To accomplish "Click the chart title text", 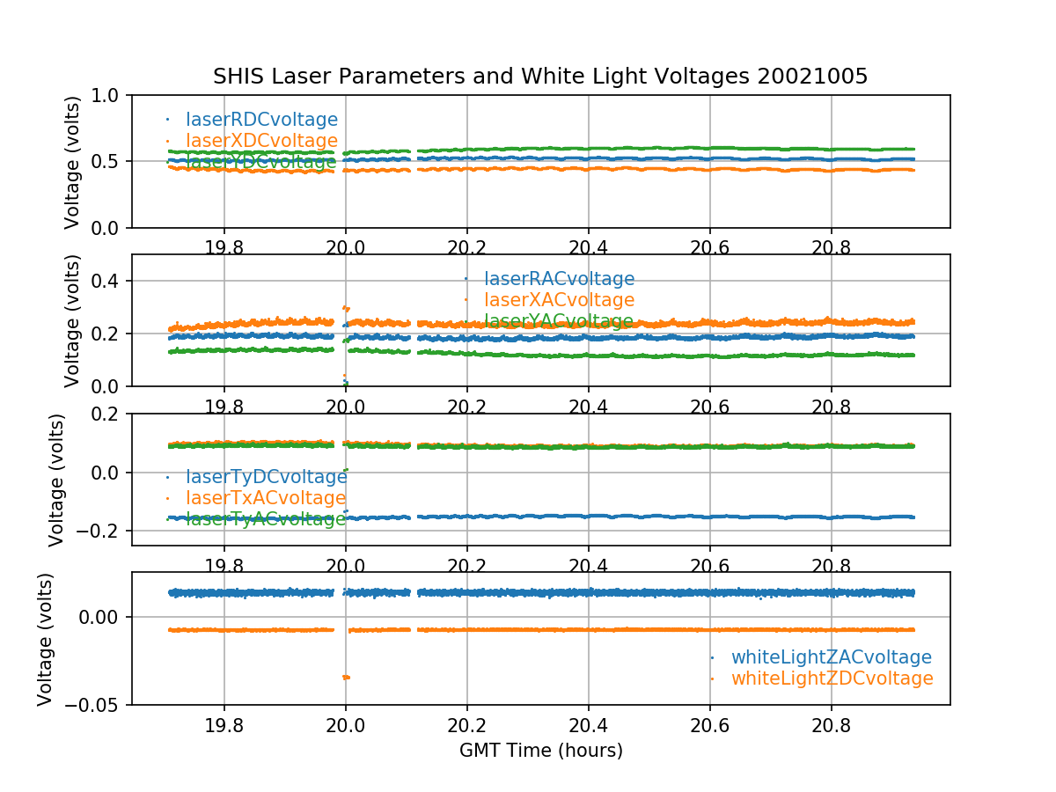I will coord(540,77).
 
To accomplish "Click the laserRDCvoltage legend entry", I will coord(261,120).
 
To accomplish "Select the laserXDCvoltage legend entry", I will coord(261,141).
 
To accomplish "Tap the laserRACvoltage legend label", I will coord(559,280).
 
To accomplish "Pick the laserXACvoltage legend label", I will coord(559,301).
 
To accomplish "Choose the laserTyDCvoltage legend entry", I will coord(266,477).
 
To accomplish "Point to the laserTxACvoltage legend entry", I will coord(266,498).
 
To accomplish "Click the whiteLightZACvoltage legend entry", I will coord(831,657).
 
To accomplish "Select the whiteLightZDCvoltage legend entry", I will coord(832,678).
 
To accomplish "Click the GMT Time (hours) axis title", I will coord(540,751).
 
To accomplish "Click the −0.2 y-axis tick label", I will coord(98,531).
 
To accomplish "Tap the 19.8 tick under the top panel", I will coord(224,247).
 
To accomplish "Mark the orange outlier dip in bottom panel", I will coord(346,677).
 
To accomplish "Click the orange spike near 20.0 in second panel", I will coord(346,308).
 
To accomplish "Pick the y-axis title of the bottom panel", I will coord(46,639).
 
